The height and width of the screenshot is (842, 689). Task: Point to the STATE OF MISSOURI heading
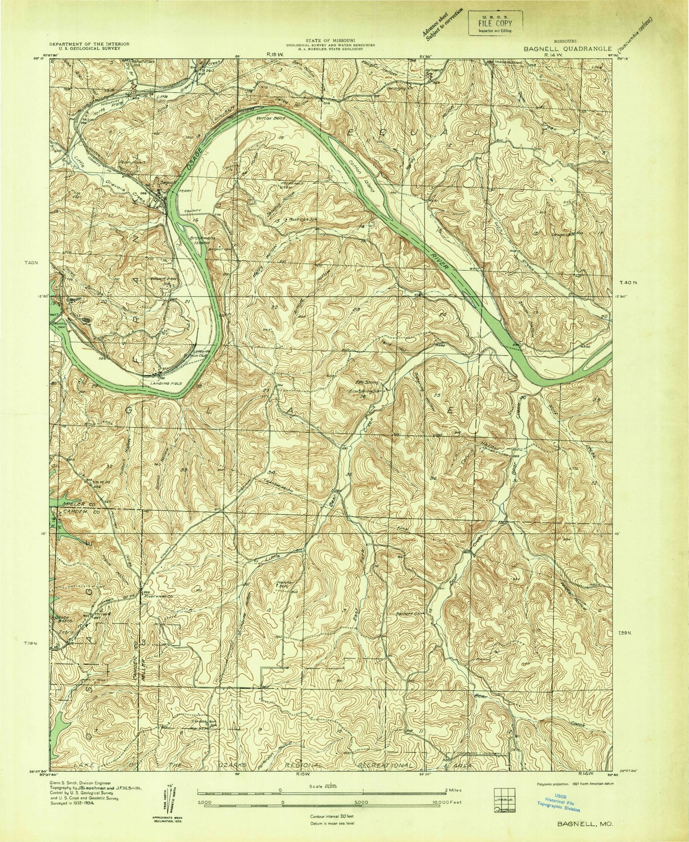tap(330, 41)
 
